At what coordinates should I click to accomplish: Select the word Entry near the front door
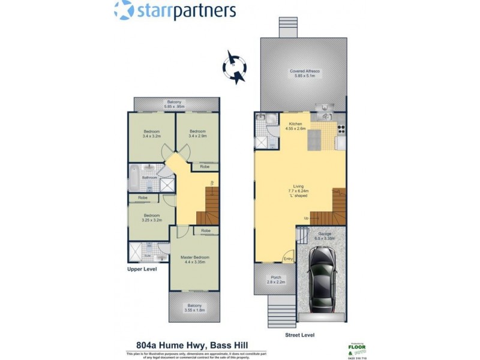pos(289,259)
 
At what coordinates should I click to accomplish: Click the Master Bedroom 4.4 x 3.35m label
pos(194,260)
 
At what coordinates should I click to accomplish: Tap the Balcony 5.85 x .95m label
pos(173,105)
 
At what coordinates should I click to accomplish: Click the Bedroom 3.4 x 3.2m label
pos(151,134)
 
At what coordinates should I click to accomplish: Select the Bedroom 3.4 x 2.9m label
pos(198,134)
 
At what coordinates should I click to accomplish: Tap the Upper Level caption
pos(142,270)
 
